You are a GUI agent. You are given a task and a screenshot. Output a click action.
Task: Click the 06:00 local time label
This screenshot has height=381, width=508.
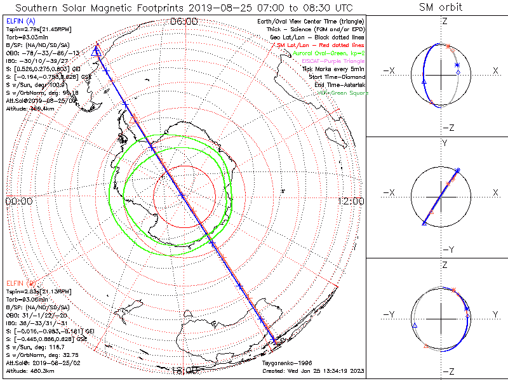[x=184, y=22]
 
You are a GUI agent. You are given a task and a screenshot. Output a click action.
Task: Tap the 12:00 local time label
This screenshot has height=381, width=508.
[x=351, y=201]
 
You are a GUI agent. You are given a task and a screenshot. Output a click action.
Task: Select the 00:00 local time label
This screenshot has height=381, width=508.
[x=18, y=201]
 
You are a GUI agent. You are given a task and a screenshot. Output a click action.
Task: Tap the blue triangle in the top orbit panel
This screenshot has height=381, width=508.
[x=424, y=83]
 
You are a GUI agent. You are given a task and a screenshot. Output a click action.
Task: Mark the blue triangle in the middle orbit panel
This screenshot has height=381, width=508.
[x=424, y=223]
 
